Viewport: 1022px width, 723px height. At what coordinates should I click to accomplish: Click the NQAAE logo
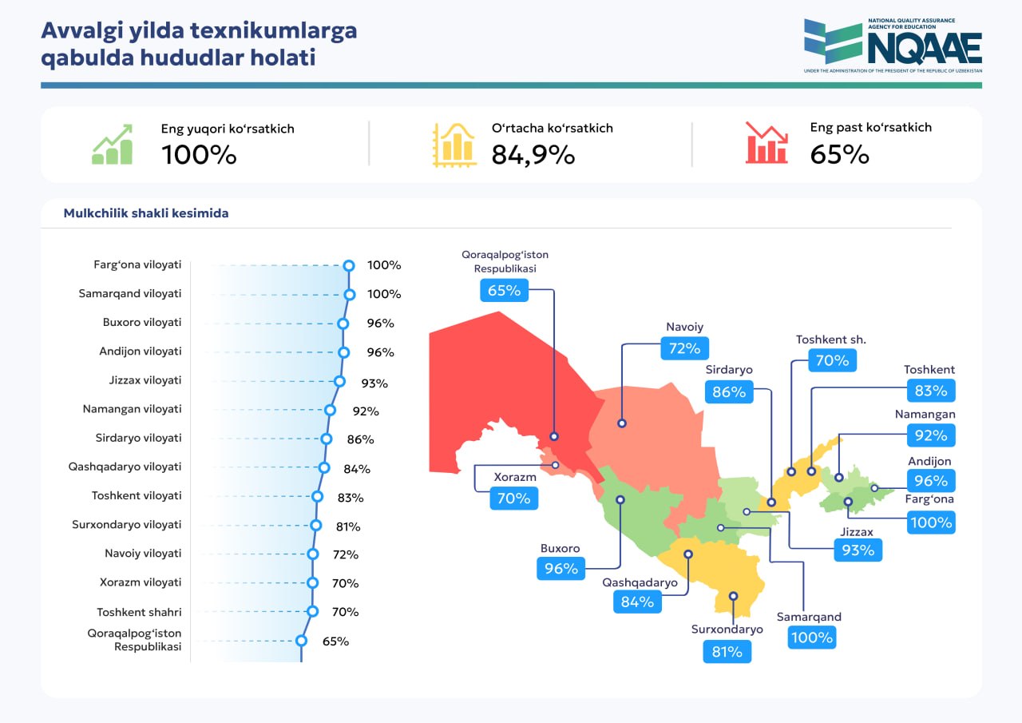point(893,46)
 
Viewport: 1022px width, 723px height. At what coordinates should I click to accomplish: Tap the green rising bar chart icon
point(113,145)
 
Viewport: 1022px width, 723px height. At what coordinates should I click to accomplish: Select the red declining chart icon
point(766,142)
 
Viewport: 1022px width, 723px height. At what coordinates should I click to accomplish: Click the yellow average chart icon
point(454,145)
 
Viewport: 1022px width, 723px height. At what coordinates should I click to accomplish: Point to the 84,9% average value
point(533,154)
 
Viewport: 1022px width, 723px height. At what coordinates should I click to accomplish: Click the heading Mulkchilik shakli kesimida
point(146,213)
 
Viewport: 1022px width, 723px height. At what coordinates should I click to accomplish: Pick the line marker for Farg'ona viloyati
point(349,265)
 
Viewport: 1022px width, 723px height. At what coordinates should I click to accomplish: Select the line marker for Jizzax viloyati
point(339,381)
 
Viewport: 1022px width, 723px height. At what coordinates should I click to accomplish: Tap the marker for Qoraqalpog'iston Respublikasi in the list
point(301,641)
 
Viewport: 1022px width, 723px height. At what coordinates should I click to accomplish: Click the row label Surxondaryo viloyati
point(126,524)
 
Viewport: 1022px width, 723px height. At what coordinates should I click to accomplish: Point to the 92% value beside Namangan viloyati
point(366,411)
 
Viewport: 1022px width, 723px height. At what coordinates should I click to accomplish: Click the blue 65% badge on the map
point(504,290)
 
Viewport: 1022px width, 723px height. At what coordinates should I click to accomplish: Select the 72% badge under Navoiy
point(684,348)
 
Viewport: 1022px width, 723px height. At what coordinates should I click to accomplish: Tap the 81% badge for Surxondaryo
point(727,652)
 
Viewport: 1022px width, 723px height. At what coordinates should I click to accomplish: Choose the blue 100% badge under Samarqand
point(812,638)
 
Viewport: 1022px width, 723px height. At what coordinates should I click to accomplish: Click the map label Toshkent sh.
point(831,340)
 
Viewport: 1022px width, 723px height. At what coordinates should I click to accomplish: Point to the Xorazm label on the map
point(515,477)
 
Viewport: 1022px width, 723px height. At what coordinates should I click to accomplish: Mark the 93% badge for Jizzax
point(858,550)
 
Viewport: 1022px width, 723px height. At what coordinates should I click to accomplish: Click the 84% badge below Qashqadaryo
point(637,602)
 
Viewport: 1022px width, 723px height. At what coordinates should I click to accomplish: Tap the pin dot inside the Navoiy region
point(622,423)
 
